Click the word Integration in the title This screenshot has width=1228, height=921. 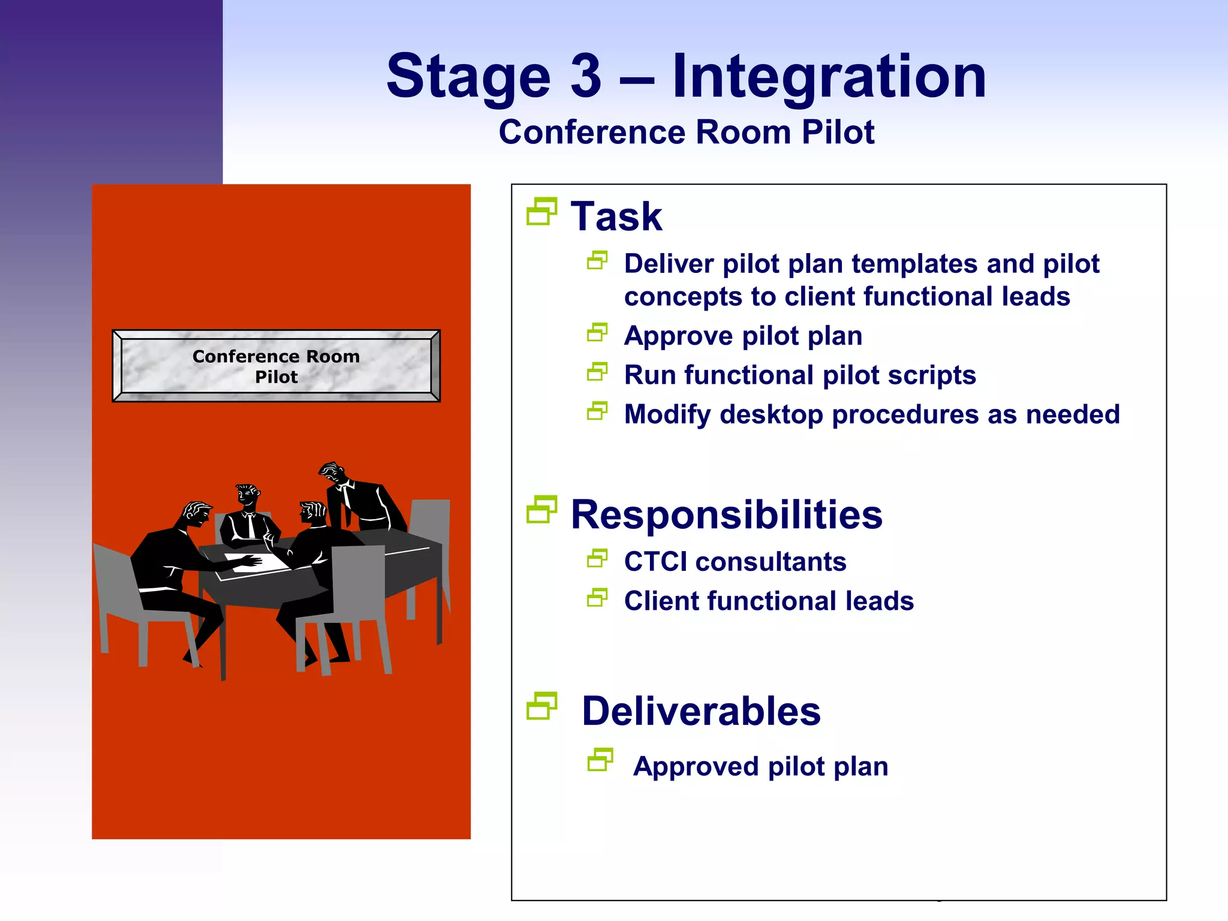(829, 77)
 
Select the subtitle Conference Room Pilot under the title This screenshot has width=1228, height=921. (687, 132)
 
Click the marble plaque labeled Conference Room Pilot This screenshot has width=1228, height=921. (276, 366)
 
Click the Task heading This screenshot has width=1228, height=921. (616, 216)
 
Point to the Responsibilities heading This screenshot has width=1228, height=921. (726, 514)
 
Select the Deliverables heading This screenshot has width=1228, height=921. (700, 711)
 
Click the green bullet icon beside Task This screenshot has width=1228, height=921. (541, 212)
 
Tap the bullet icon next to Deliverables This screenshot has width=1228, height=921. (541, 706)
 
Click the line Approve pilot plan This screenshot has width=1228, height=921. (743, 336)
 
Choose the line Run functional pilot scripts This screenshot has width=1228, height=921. (800, 375)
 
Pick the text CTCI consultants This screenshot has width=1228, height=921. (735, 562)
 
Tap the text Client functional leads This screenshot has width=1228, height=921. (769, 601)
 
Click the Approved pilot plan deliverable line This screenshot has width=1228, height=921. (760, 766)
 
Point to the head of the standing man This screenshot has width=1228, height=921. (332, 473)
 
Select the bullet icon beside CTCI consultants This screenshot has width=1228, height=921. (597, 559)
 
